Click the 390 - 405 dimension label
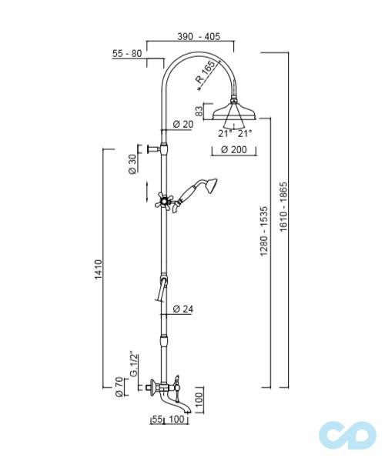point(199,37)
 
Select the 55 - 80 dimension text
point(127,53)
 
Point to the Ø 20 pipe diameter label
point(182,124)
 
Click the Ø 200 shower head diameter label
point(233,150)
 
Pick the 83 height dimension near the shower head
point(199,112)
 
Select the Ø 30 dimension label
point(131,165)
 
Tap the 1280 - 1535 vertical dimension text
point(264,231)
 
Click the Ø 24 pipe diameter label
point(182,309)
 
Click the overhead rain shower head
point(233,111)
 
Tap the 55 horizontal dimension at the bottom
point(156,420)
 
